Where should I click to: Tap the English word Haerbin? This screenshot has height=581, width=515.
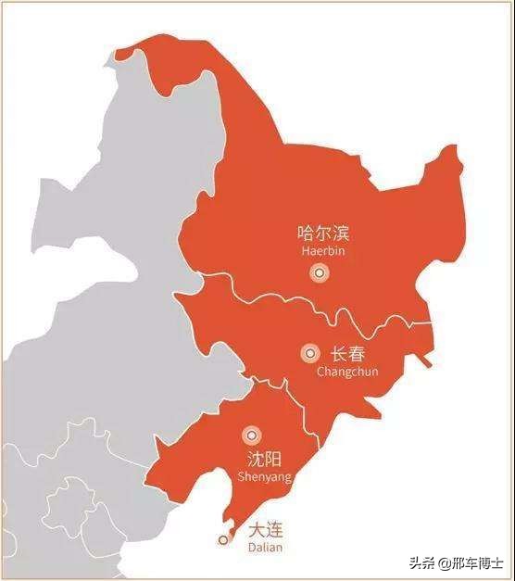click(x=322, y=251)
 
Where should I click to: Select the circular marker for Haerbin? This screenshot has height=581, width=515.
click(x=319, y=272)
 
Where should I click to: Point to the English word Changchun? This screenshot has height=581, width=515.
click(x=347, y=372)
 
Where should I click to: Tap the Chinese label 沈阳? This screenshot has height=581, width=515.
click(x=265, y=460)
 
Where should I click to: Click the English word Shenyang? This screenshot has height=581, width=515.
click(x=265, y=476)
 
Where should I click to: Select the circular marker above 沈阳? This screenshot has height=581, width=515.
click(x=250, y=435)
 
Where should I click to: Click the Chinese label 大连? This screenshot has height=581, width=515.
click(x=266, y=531)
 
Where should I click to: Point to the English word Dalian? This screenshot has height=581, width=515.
click(x=266, y=548)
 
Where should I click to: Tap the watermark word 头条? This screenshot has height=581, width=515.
click(x=425, y=562)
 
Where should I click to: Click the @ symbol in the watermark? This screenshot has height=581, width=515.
click(x=445, y=562)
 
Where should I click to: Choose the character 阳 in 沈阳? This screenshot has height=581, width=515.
click(x=275, y=460)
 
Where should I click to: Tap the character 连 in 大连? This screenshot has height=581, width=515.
click(x=276, y=531)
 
